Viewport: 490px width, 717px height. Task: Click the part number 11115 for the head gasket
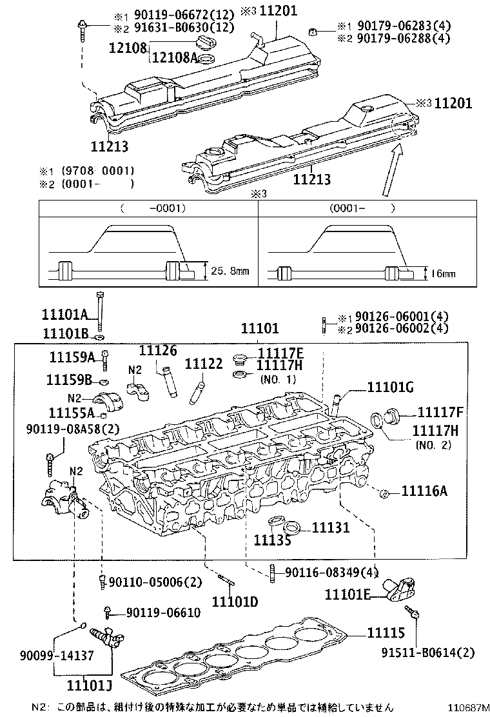point(386,633)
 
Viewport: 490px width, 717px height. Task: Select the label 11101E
point(347,594)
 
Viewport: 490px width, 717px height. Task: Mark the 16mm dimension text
point(443,273)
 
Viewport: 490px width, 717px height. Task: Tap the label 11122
point(203,364)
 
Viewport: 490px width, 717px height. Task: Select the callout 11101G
point(391,387)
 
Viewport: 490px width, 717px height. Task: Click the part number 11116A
point(424,491)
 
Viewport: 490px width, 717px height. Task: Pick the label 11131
point(331,528)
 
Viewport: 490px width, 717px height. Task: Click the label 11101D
point(235,602)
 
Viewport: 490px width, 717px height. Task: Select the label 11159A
point(72,357)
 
